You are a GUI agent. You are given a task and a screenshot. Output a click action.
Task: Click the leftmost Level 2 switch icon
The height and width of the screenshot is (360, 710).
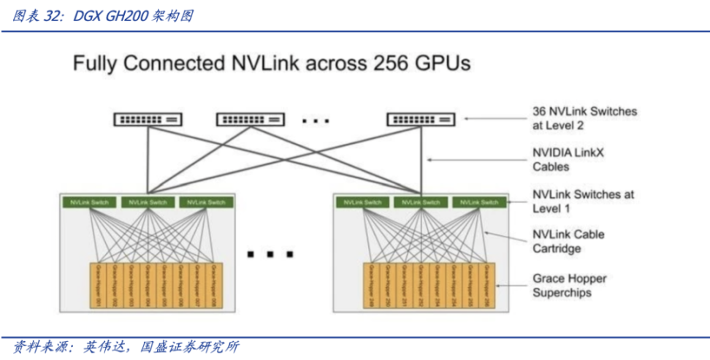[148, 119]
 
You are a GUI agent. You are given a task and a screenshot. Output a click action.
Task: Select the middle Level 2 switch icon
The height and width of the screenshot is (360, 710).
[251, 119]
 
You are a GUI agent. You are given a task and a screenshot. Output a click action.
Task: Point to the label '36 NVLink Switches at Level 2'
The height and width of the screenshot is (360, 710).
[584, 118]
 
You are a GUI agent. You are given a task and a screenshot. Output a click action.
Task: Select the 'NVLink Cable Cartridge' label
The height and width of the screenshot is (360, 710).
[568, 242]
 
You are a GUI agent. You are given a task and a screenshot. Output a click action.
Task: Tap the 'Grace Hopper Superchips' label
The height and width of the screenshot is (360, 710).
[569, 286]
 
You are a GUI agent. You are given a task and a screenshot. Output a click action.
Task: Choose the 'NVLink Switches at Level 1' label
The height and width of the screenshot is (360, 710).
[583, 202]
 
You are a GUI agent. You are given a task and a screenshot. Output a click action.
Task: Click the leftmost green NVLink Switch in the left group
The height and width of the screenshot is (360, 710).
[89, 202]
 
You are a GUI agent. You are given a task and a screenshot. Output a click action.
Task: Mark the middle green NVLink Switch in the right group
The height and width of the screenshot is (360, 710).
[421, 202]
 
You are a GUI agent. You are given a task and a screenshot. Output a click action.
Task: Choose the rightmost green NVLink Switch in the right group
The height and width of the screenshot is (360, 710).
[478, 202]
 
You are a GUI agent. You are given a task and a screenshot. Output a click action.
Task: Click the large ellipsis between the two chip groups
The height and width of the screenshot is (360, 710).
[270, 254]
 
